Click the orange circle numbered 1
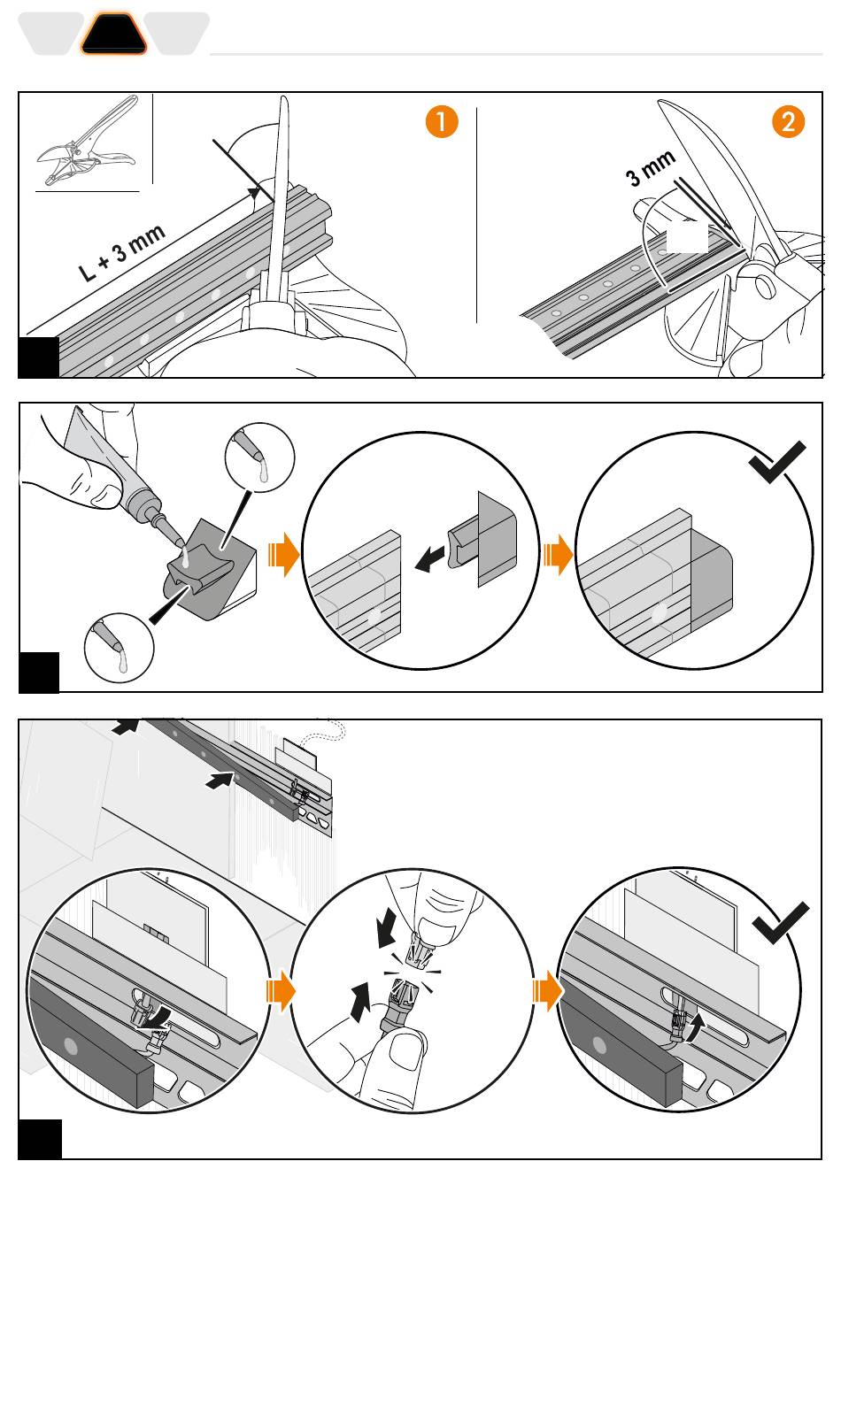point(442,121)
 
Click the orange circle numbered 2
point(789,121)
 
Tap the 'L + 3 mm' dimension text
point(122,253)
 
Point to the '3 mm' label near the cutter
point(651,168)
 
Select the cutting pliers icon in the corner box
point(87,142)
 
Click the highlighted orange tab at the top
point(114,35)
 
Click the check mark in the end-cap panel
point(776,461)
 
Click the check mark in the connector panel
point(780,923)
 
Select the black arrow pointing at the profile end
point(430,558)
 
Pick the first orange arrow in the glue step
point(282,556)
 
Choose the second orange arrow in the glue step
point(558,556)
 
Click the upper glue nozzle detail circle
point(259,457)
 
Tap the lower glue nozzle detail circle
point(119,648)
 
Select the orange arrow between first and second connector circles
point(281,990)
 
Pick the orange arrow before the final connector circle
point(548,990)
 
